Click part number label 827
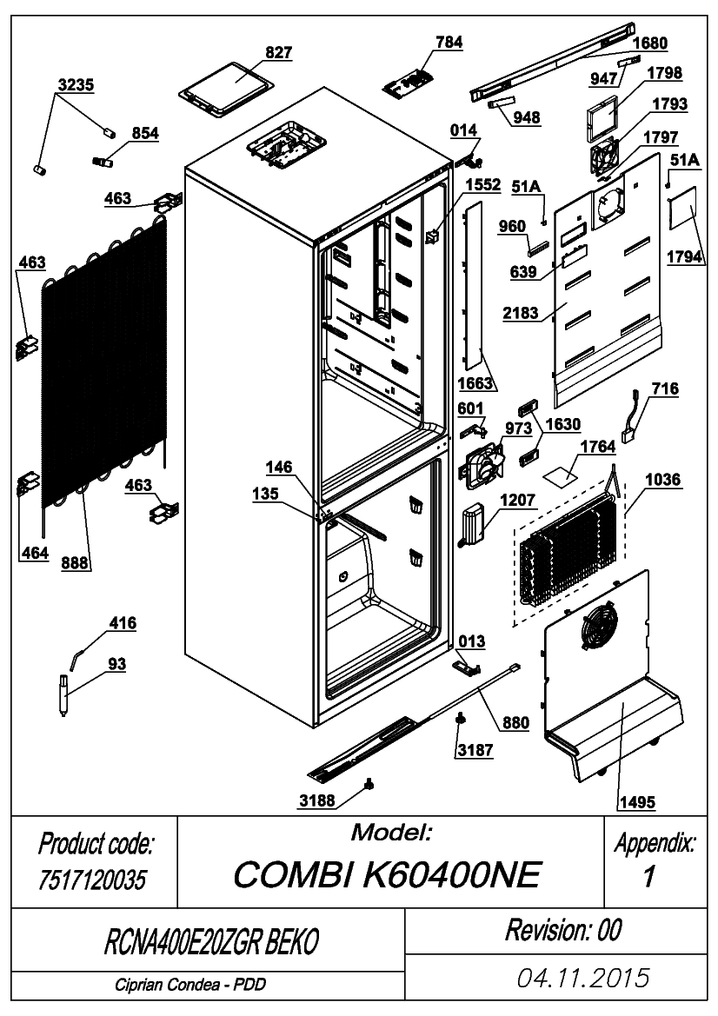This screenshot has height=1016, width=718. pos(279,52)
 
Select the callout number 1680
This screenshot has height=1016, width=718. pos(650,43)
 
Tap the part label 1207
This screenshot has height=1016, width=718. pos(518,501)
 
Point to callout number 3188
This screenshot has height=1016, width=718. pos(317,800)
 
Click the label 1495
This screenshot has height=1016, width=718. pos(637,803)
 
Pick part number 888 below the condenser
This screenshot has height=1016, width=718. pos(75,563)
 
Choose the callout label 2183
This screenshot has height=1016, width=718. pos(521,313)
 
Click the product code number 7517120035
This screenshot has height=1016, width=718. pos(93,880)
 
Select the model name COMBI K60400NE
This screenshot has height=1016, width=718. pos(386,875)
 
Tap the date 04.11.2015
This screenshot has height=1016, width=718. pos(582,978)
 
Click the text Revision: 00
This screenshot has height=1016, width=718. pos(563,931)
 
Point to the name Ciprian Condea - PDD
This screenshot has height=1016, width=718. pos(190,986)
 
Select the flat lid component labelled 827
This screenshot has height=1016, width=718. pos(226,90)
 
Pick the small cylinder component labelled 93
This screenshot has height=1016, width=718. pos(63,694)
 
